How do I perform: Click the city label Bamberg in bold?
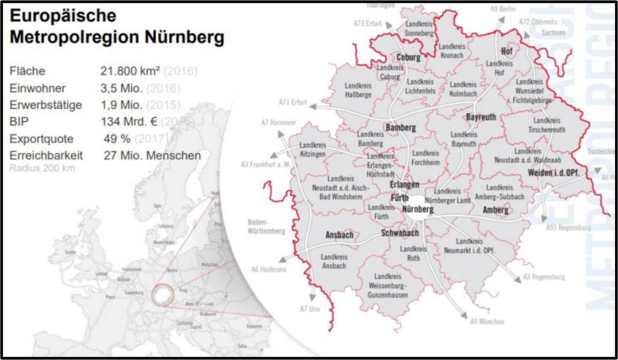(401, 128)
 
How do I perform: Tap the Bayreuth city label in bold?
(481, 117)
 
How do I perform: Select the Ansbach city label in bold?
(339, 235)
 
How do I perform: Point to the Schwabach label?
(400, 233)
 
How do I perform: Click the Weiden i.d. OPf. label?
(553, 173)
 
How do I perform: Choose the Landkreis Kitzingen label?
(312, 149)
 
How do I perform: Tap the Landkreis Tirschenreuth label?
(547, 125)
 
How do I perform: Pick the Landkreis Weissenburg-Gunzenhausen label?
(388, 286)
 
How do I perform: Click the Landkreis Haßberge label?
(358, 90)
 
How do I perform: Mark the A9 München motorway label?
(487, 321)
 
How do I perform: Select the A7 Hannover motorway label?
(278, 122)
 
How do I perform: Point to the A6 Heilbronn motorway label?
(269, 269)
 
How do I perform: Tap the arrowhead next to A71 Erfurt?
(313, 106)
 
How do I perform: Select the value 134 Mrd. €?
(129, 122)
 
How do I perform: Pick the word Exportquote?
(41, 139)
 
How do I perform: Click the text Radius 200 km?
(42, 168)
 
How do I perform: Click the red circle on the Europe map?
(163, 295)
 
